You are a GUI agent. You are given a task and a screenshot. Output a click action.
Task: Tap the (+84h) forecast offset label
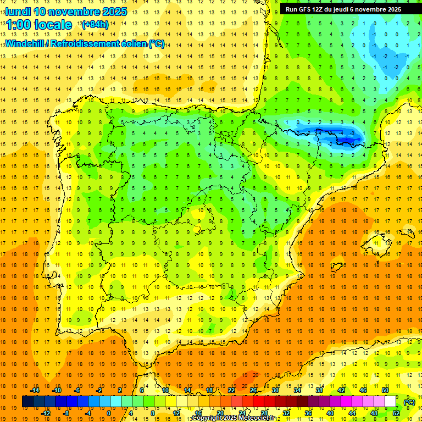(94, 25)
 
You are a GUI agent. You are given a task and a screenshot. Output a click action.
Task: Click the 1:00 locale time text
(39, 25)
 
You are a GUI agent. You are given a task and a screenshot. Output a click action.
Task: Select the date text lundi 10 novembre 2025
(66, 12)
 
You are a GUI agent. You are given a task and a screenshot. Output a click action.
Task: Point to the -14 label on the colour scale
(35, 390)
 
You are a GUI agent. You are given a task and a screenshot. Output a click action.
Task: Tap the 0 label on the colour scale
(109, 413)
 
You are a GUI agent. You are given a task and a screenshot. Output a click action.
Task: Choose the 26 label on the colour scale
(253, 390)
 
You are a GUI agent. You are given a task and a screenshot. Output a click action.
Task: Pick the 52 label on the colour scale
(396, 413)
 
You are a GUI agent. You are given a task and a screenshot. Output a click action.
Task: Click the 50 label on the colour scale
(385, 390)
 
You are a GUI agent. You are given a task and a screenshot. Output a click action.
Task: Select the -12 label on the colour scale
(46, 413)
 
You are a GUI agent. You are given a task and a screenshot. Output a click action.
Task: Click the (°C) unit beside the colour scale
(409, 402)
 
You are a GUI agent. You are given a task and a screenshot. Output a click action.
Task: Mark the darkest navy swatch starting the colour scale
(27, 402)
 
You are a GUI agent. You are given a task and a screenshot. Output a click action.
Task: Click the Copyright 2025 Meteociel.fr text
(234, 418)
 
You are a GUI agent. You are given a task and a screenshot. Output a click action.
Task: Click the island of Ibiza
(336, 267)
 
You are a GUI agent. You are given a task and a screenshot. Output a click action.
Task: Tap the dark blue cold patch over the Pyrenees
(330, 135)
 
